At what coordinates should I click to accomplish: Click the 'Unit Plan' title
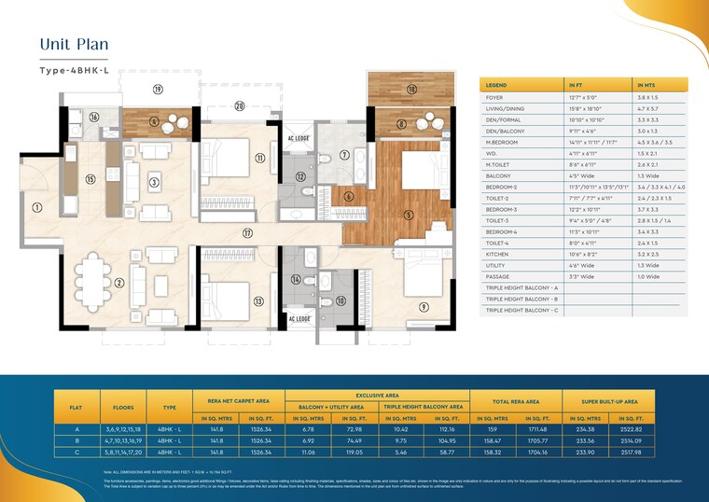76,44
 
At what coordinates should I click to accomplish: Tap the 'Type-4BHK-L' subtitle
81,70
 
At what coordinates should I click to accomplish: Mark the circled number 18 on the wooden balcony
411,90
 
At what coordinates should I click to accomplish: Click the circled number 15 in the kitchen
90,179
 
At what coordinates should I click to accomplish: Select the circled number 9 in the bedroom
424,305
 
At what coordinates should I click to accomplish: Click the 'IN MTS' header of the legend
646,84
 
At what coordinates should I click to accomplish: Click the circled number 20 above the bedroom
240,105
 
